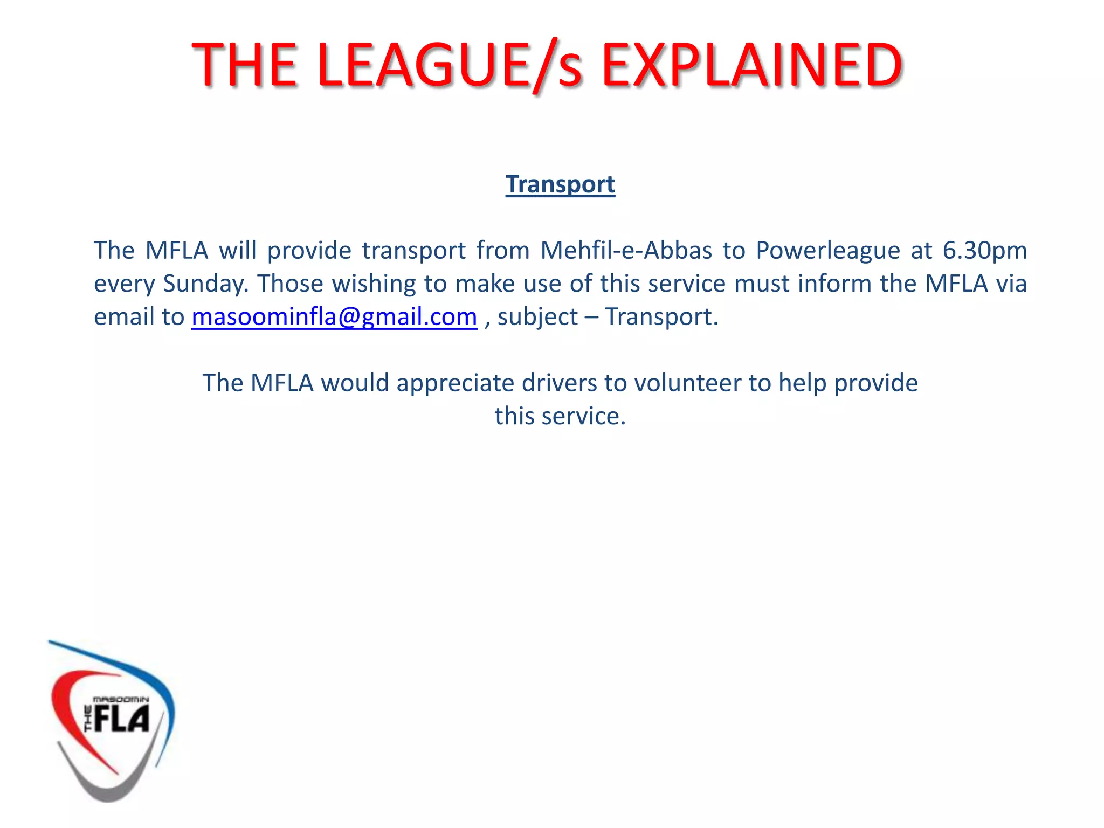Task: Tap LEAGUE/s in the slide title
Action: [450, 66]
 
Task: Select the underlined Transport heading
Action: [560, 184]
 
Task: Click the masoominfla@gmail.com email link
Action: [334, 317]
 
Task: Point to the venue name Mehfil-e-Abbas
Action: [626, 250]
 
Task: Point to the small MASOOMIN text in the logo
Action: [121, 699]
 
